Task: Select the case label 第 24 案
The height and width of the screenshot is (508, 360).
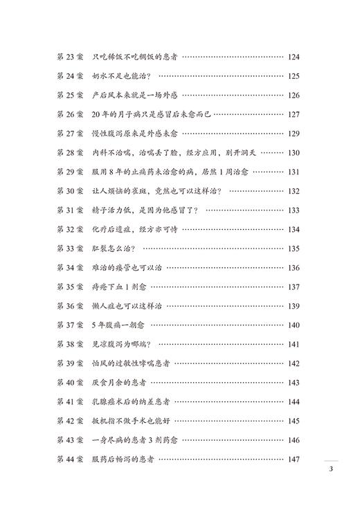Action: tap(69, 76)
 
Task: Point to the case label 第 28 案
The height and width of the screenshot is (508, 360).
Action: tap(69, 153)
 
